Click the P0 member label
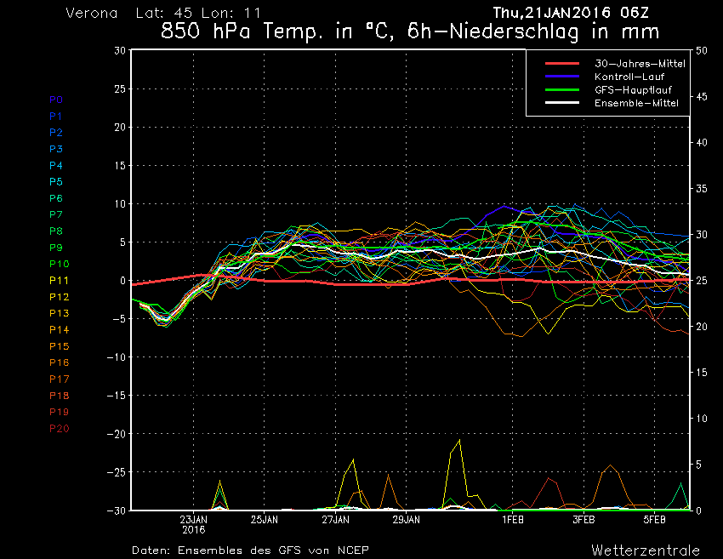tap(55, 100)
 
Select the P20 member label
tap(59, 428)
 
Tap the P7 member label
tap(56, 214)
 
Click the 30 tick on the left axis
tap(120, 50)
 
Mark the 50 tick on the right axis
tap(702, 50)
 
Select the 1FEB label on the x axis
tap(512, 519)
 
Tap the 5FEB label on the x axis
tap(653, 519)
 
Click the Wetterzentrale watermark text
tap(646, 550)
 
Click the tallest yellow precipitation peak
tap(460, 441)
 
